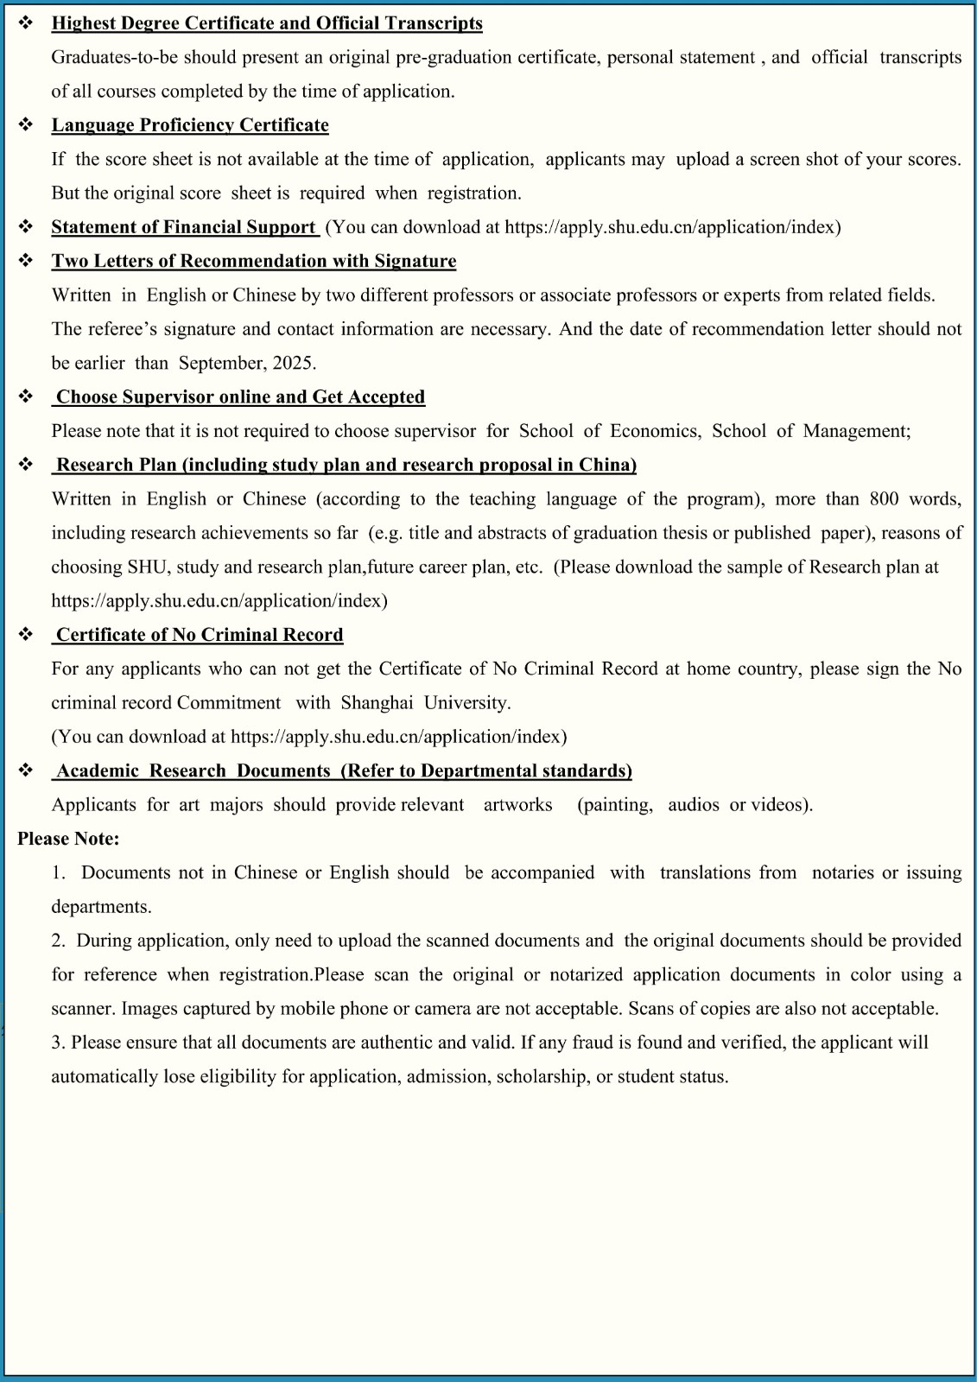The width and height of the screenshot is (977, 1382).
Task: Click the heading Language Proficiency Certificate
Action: coord(190,125)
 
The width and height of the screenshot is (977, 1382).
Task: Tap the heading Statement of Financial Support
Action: coord(183,227)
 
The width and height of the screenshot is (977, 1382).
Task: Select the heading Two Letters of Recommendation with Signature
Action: coord(254,261)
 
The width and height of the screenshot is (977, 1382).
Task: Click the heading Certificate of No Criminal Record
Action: coord(200,635)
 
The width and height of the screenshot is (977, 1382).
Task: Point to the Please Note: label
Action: coord(68,839)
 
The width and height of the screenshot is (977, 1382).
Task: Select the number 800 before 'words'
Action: coord(884,499)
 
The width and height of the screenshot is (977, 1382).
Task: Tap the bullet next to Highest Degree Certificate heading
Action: coord(26,23)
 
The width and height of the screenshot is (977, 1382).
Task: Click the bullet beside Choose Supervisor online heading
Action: coord(26,396)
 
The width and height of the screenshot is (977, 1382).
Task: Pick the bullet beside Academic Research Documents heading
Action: coord(26,770)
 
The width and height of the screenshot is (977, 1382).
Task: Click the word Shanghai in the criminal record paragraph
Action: coord(377,703)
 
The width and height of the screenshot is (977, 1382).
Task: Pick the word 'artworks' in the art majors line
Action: coord(517,805)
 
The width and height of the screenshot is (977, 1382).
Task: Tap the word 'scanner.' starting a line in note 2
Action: coord(83,1009)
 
